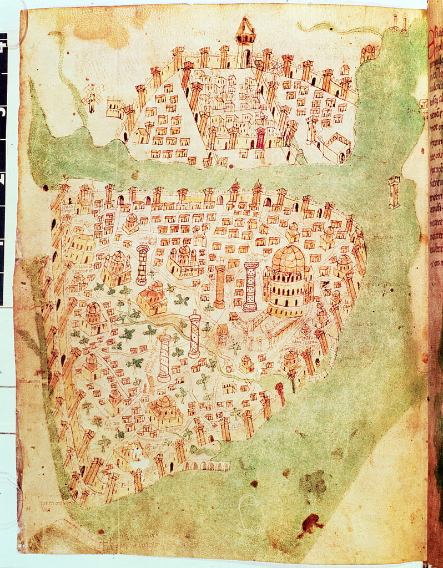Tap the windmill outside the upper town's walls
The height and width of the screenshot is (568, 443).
click(x=91, y=99)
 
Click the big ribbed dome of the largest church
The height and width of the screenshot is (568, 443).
click(x=288, y=259)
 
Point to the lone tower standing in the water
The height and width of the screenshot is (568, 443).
click(x=394, y=191)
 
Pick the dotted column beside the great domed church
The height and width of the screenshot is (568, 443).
click(x=251, y=286)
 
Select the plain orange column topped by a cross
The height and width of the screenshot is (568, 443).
click(x=220, y=286)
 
